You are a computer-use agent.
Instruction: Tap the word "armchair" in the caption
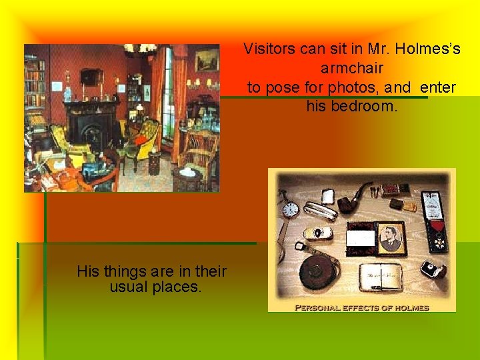(351, 68)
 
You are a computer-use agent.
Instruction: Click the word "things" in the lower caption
(125, 271)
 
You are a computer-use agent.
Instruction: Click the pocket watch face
(291, 209)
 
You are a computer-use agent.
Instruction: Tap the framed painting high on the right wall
(207, 61)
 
